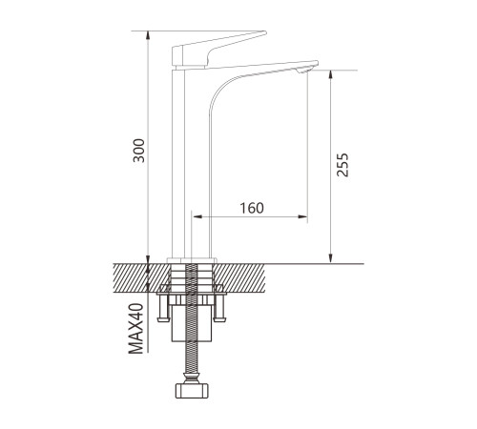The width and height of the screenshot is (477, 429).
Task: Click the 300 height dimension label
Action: [x=138, y=151]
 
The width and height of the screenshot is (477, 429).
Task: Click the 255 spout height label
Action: [x=342, y=165]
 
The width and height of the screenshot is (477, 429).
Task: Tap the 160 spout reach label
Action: [x=252, y=208]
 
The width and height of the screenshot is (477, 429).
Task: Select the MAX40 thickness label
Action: [x=135, y=329]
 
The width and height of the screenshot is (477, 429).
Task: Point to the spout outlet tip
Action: [x=304, y=71]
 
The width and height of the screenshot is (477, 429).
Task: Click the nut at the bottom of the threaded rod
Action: [x=192, y=391]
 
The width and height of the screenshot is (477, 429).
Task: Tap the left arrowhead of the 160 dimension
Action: [x=197, y=216]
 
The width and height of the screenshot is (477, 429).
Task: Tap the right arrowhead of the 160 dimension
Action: [x=302, y=216]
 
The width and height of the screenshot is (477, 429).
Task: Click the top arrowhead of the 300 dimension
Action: [x=148, y=35]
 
